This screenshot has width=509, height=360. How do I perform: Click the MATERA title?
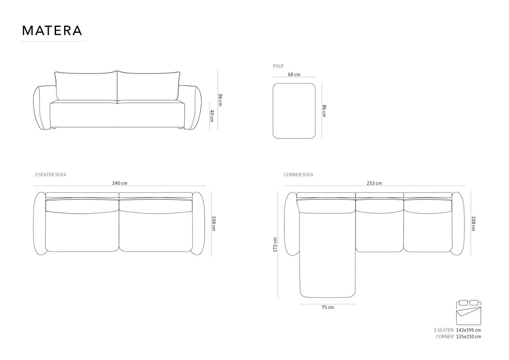coord(52,31)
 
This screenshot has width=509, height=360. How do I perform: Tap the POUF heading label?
coord(278,66)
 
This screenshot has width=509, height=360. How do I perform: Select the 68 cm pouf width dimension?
coord(294,74)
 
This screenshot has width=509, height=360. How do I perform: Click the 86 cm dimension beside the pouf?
coord(324,111)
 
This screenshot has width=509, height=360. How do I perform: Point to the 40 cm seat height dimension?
coord(212,116)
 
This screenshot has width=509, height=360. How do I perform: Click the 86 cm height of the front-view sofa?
coord(220,100)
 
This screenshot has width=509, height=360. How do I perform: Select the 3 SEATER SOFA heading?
coord(51,175)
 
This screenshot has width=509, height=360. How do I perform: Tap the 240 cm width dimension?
coord(120,183)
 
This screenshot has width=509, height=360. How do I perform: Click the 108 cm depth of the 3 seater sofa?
coord(213,223)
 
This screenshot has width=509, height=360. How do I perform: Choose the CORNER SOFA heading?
coord(298,175)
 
